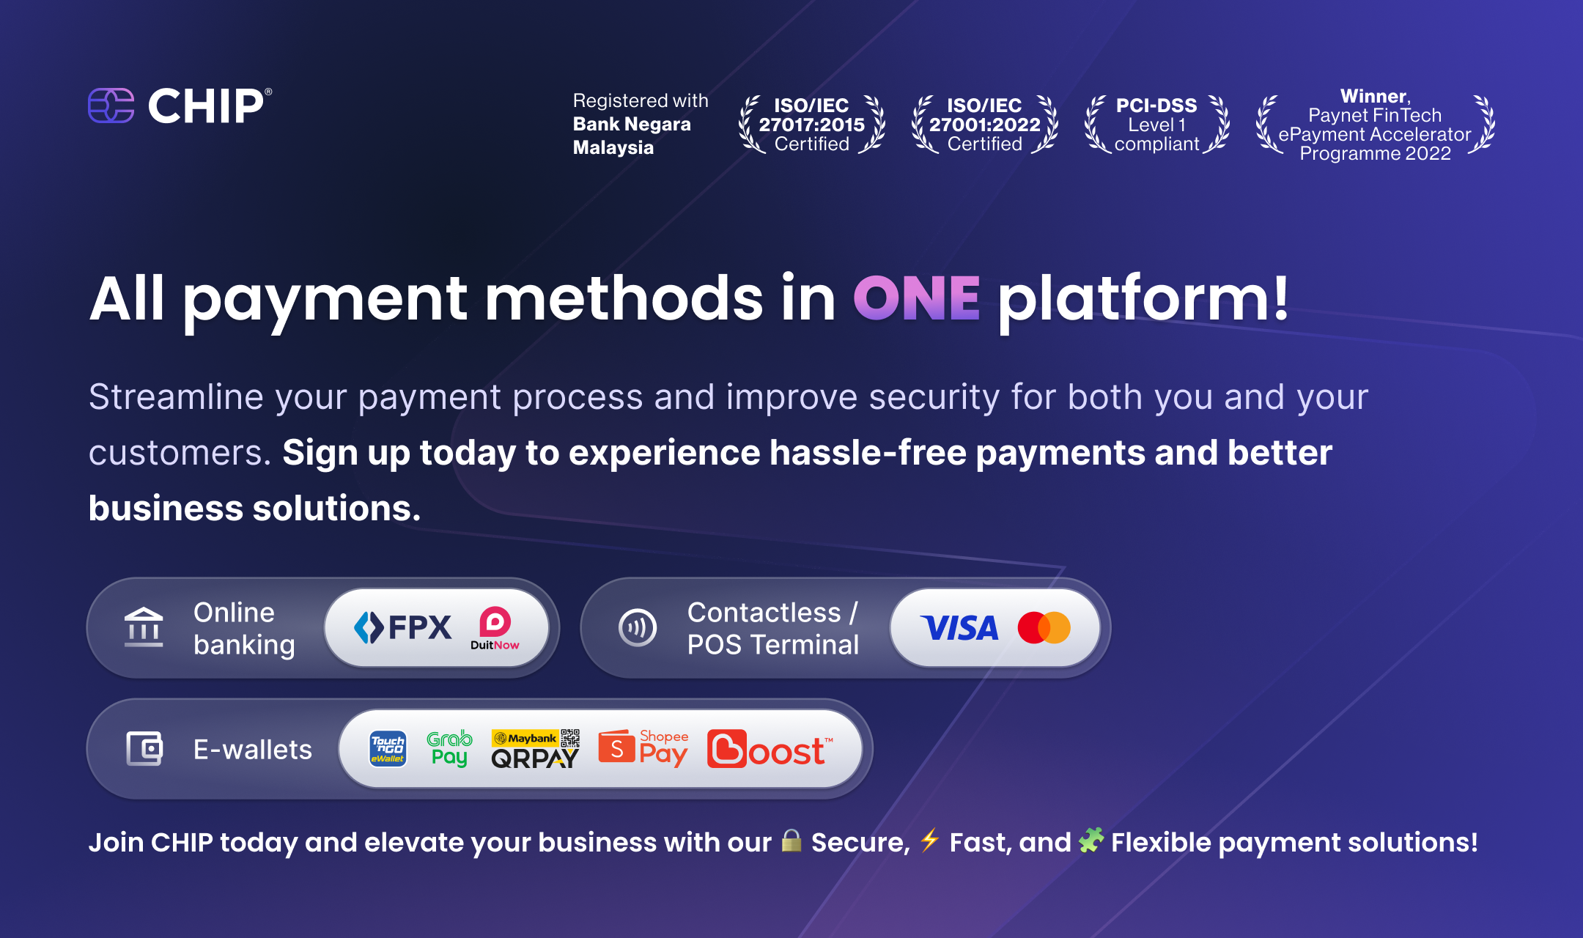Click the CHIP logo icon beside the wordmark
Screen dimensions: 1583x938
pos(111,106)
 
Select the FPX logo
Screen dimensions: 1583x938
pos(402,627)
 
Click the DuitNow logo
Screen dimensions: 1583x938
pos(495,628)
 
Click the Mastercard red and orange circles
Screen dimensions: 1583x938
pos(1044,628)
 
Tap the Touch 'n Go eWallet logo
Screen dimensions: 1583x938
pos(388,749)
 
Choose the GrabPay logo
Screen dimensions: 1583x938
pos(449,748)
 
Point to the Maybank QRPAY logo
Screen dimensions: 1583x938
pos(536,749)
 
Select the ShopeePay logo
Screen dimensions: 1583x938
pos(643,749)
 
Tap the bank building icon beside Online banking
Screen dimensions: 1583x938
pos(144,627)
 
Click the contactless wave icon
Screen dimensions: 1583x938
pos(638,628)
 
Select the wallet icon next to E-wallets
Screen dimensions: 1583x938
pos(144,749)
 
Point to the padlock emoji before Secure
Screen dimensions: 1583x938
pos(791,841)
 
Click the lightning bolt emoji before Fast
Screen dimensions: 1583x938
pos(929,841)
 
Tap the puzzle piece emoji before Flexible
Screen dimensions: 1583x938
pos(1091,841)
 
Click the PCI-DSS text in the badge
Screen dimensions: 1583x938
pos(1156,106)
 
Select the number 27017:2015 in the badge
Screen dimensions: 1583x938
pos(812,125)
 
